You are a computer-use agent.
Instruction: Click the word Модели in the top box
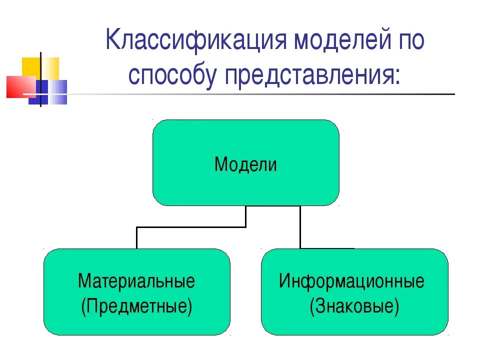pos(245,164)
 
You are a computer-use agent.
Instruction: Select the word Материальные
pos(136,281)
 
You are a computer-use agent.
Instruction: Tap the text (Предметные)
pos(136,305)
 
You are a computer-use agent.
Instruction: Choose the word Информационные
pos(351,281)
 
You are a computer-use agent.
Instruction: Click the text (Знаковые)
pos(354,305)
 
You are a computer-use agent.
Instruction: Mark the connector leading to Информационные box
pos(300,227)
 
